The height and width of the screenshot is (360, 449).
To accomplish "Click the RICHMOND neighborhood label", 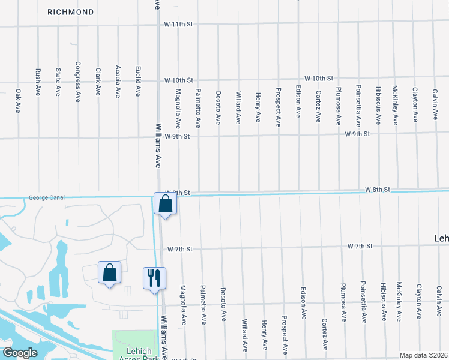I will (71, 12).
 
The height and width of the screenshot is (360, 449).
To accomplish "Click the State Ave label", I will (58, 82).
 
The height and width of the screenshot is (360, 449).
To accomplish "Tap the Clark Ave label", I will (98, 82).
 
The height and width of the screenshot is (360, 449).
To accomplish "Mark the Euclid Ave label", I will (138, 82).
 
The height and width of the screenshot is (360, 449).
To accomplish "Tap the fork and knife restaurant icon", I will (154, 278).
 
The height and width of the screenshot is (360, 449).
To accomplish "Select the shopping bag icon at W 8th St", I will (165, 204).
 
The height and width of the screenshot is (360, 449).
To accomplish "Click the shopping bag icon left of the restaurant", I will (109, 273).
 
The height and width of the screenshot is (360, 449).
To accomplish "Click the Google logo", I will (20, 353).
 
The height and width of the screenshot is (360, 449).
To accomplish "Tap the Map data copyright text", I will (423, 355).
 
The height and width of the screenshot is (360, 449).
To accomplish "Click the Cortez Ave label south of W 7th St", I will (324, 334).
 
